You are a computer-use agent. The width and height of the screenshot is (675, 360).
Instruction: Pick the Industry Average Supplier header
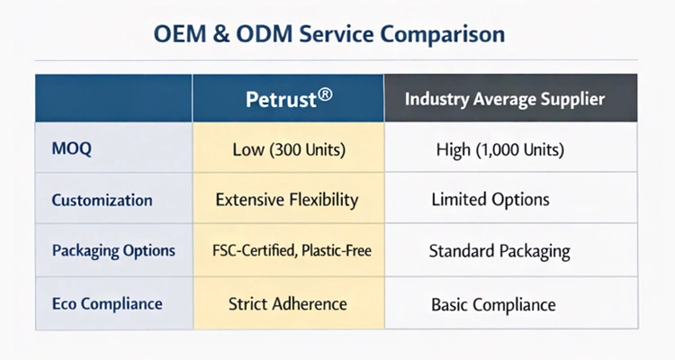click(x=503, y=98)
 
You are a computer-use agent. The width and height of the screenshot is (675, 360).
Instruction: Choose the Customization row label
click(x=101, y=199)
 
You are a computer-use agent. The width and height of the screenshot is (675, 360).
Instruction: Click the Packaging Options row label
click(x=112, y=250)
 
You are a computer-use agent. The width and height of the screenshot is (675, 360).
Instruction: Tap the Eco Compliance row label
click(x=107, y=303)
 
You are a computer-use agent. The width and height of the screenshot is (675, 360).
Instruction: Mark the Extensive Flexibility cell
click(x=287, y=199)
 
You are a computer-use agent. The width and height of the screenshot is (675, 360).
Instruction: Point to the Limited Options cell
click(x=503, y=199)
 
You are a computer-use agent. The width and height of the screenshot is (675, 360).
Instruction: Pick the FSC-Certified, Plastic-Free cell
click(x=287, y=250)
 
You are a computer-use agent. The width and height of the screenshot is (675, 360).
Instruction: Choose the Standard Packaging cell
click(x=503, y=250)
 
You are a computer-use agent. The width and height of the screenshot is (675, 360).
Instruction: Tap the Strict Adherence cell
click(x=287, y=303)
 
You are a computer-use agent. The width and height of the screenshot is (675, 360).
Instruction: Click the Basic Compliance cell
click(x=503, y=303)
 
